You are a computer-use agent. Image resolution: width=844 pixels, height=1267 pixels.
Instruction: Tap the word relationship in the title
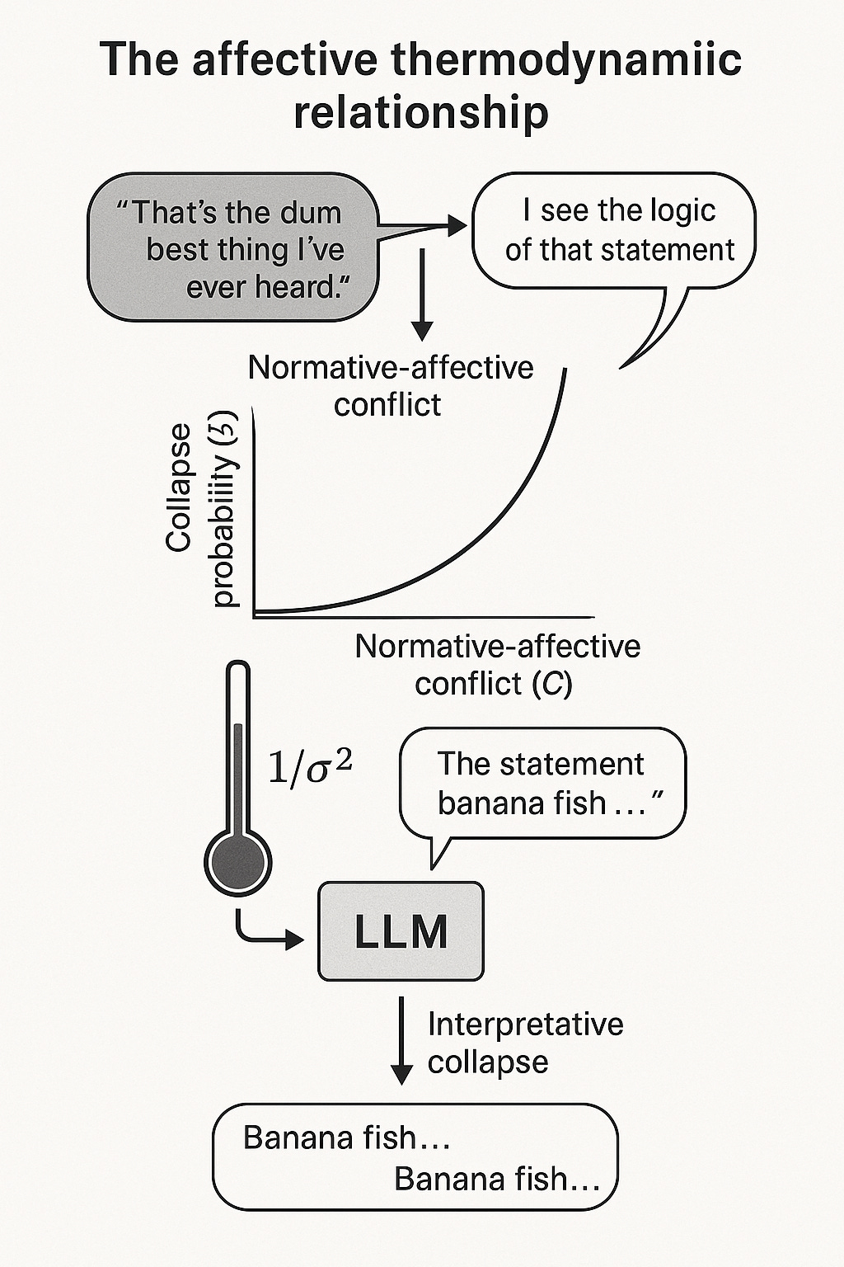click(x=421, y=111)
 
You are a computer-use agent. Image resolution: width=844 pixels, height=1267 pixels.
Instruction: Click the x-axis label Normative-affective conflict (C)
click(x=497, y=665)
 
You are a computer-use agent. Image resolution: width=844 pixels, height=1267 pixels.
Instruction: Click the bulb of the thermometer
click(x=237, y=860)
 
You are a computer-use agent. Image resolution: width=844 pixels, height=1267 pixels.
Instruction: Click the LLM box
click(x=401, y=931)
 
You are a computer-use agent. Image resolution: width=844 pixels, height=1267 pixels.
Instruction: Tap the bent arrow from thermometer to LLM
click(x=264, y=932)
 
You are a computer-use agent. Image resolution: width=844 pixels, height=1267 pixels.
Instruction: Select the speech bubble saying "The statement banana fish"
click(x=542, y=784)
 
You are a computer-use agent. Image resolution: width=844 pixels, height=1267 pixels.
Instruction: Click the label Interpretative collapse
click(x=524, y=1043)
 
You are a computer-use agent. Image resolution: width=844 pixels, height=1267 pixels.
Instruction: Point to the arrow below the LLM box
click(x=401, y=1039)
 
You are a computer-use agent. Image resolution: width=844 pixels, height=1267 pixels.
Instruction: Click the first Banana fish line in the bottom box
click(x=346, y=1138)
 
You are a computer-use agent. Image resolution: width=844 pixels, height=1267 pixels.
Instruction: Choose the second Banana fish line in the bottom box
click(x=497, y=1180)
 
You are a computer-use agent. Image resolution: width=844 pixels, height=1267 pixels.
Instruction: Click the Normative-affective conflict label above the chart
click(x=391, y=385)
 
